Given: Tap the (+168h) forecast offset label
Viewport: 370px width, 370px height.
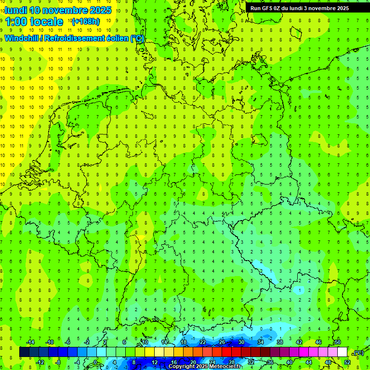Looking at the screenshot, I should click(85, 21).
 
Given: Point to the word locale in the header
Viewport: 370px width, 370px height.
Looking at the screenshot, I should click(46, 22).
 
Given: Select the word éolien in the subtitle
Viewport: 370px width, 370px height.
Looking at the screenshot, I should click(118, 38).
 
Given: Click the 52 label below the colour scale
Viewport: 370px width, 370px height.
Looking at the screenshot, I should click(347, 362).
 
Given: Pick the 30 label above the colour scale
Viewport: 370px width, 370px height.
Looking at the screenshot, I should click(241, 342).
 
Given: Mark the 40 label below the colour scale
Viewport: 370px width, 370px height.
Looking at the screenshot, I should click(289, 362).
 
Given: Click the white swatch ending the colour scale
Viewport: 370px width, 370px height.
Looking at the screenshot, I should click(342, 352).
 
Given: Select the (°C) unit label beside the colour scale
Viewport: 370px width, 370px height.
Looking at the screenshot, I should click(358, 353).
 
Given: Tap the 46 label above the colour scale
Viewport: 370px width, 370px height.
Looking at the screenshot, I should click(318, 342).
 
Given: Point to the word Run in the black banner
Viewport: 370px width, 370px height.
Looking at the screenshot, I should click(256, 8).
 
